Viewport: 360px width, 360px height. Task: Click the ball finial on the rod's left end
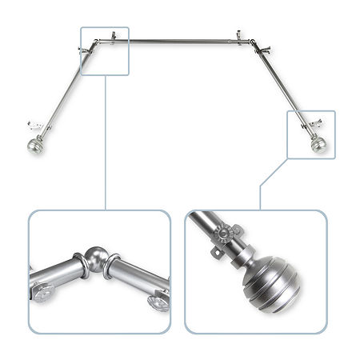point(34,147)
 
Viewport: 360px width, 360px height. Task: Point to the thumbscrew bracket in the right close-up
point(229,238)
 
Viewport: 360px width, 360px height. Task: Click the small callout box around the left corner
point(105,50)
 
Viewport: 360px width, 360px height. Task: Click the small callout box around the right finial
point(310,134)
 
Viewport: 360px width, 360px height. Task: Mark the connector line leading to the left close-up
point(105,144)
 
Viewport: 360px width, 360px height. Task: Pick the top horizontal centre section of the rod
point(176,40)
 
